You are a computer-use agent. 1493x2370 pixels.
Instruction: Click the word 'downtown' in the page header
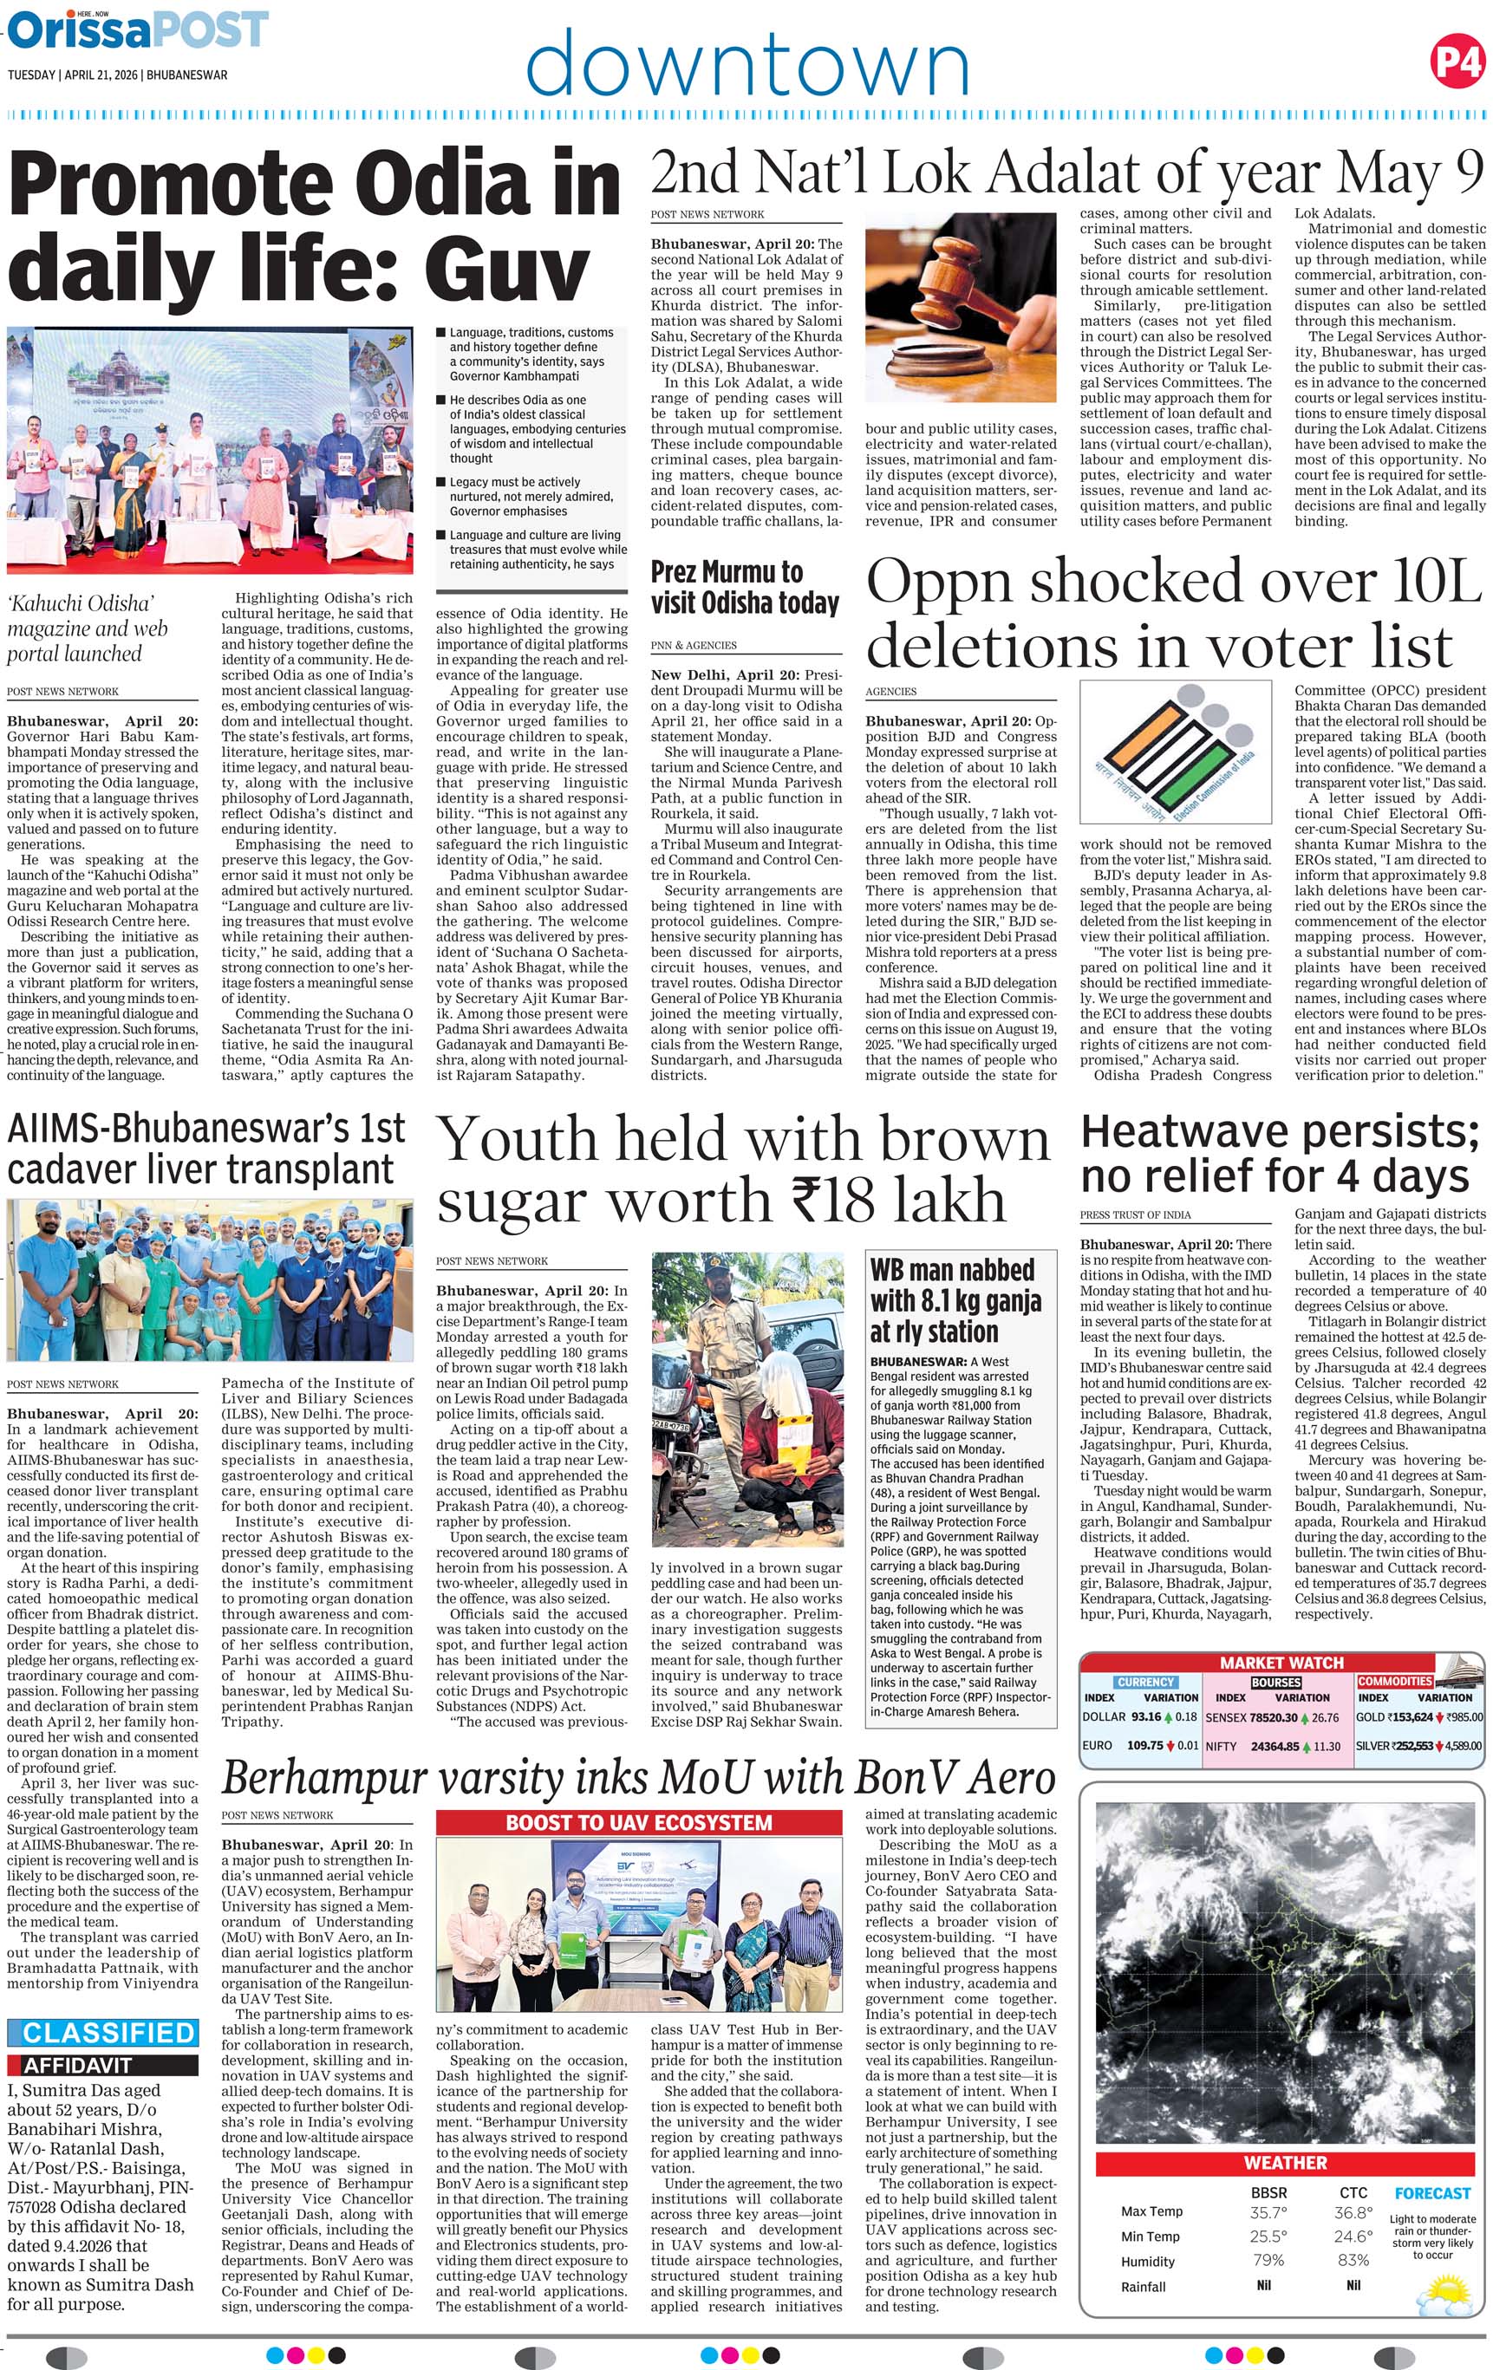pos(747,64)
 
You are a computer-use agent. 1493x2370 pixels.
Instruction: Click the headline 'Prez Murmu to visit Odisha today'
pos(745,588)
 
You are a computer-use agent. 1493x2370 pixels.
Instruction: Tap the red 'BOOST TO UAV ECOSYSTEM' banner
pos(640,1823)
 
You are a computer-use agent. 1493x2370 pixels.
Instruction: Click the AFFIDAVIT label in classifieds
pos(78,2065)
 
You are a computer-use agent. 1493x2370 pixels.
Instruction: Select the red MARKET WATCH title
pos(1281,1663)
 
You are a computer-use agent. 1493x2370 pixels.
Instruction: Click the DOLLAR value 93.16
pos(1145,1716)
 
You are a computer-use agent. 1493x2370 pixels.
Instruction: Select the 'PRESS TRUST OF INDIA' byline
pos(1135,1214)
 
